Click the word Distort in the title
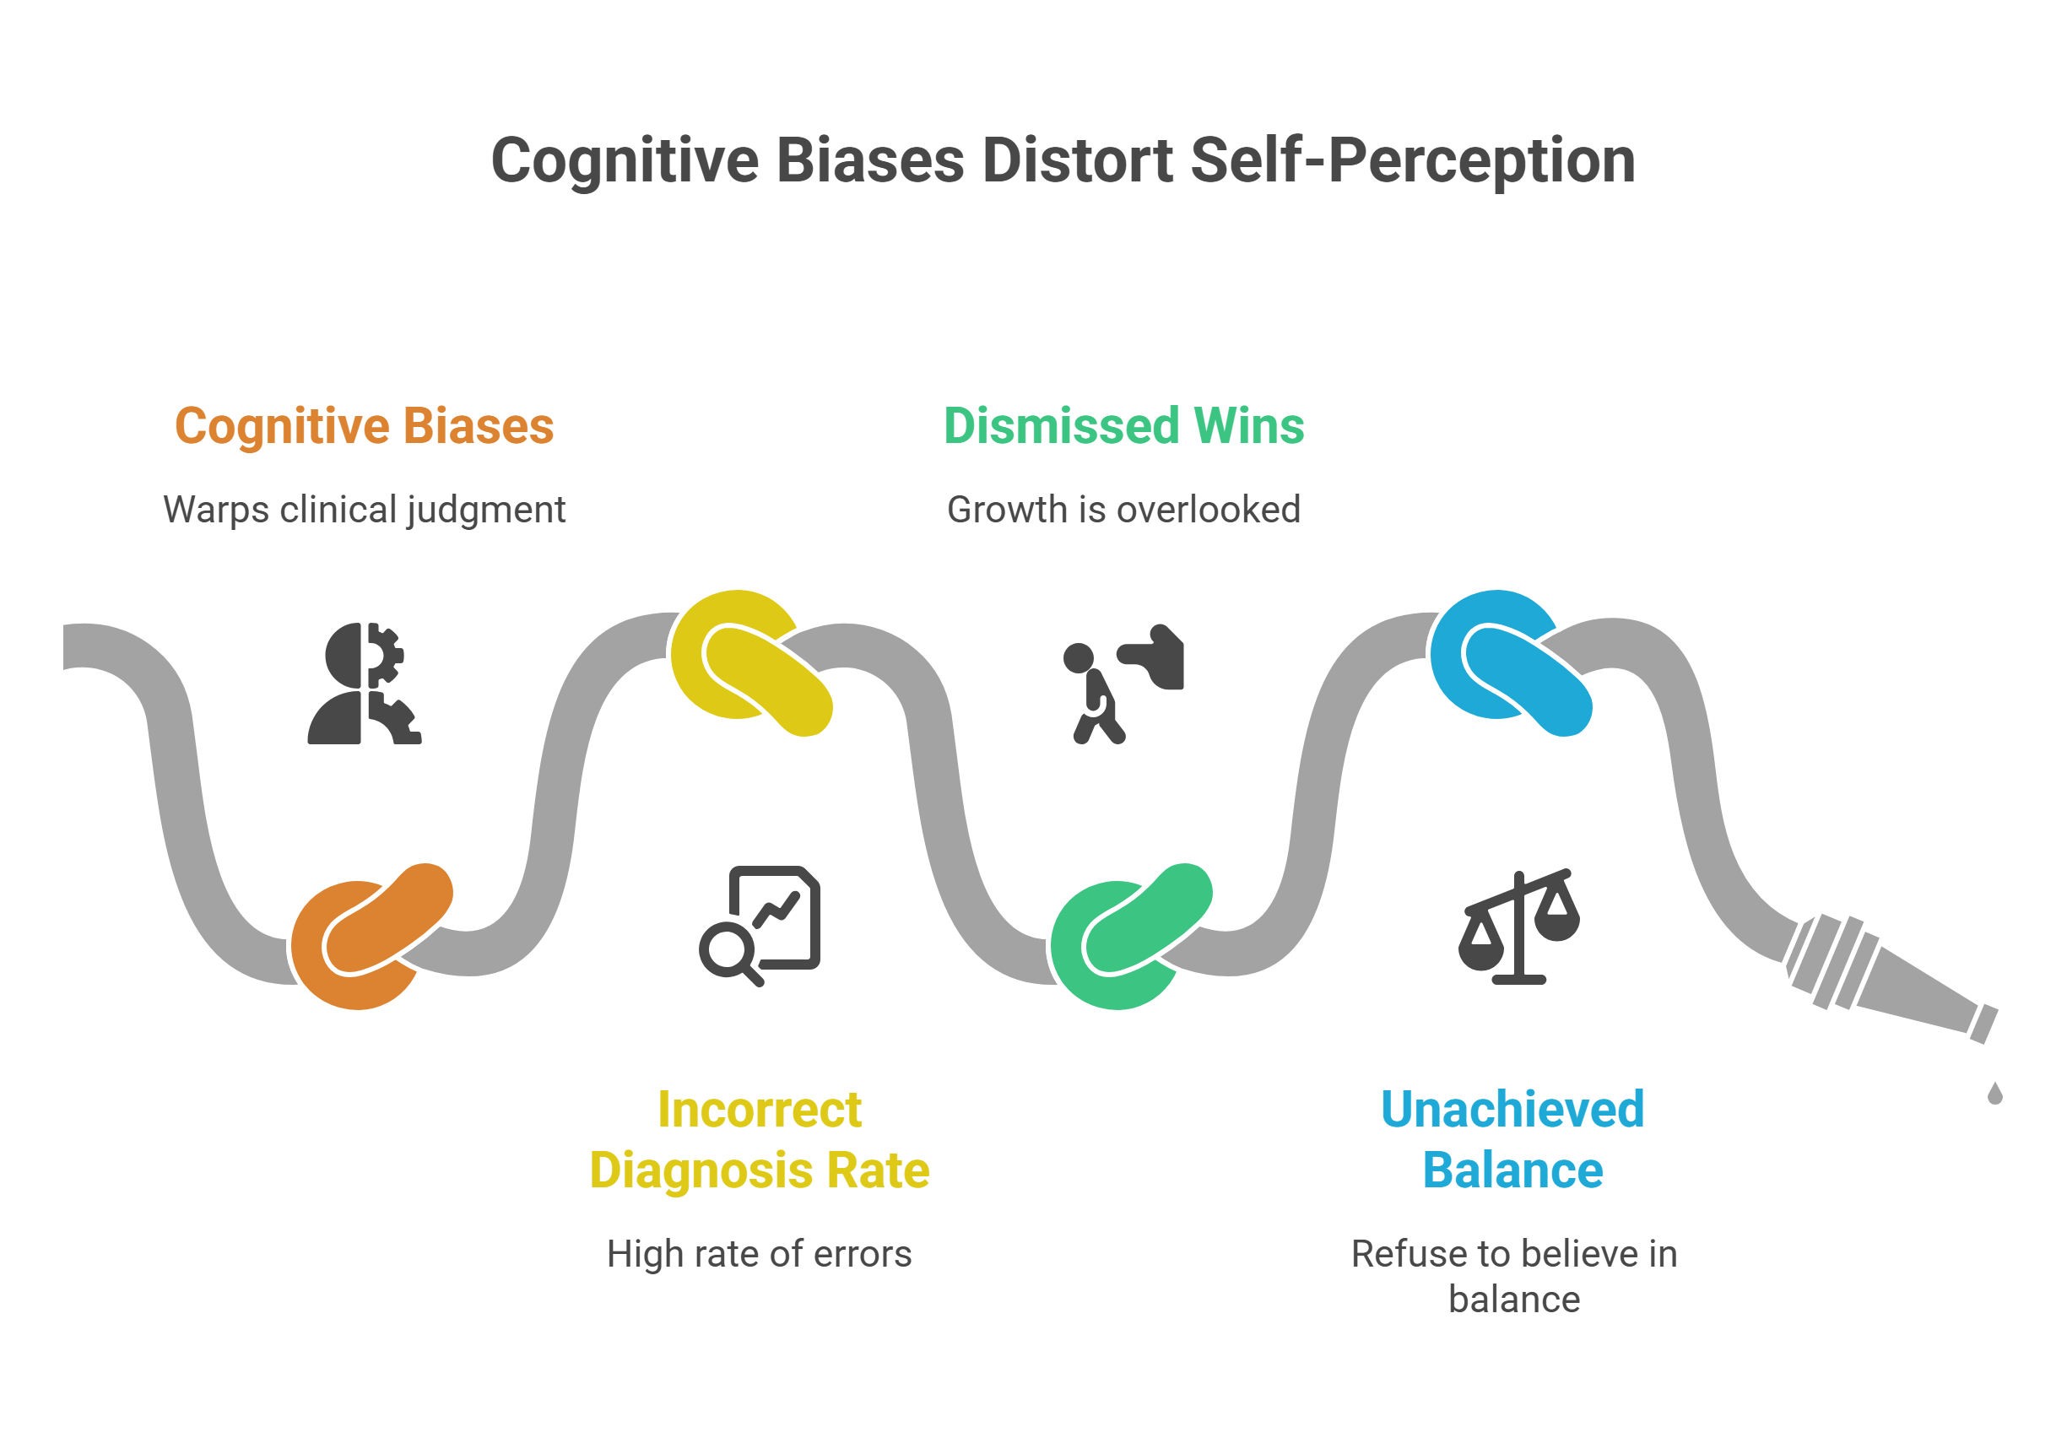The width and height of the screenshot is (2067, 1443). [x=1078, y=160]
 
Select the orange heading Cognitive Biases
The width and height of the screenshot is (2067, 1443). [x=364, y=426]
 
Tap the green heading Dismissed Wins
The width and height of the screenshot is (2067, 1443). [x=1123, y=426]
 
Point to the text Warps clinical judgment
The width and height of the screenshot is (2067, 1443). [x=364, y=510]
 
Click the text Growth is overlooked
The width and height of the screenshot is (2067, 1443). [x=1123, y=510]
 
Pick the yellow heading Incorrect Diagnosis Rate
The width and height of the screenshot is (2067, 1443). [x=759, y=1140]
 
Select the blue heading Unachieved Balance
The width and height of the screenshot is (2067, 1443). [x=1512, y=1140]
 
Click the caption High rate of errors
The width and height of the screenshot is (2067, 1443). [x=759, y=1254]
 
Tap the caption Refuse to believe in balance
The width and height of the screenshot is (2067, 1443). [x=1513, y=1277]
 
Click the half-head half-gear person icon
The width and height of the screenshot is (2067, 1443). [x=364, y=684]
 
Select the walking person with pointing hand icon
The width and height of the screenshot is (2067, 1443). [x=1123, y=684]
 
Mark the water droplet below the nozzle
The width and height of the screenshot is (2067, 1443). [x=1995, y=1094]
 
